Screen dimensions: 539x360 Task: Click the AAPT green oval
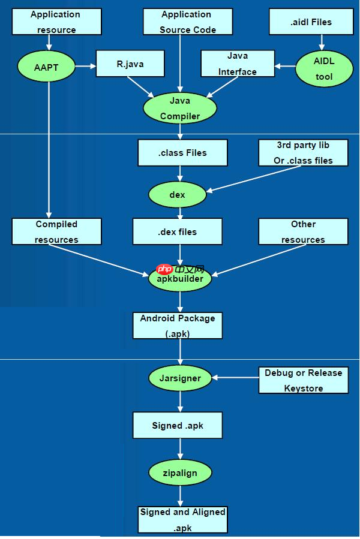tap(47, 67)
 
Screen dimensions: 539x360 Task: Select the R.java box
tap(130, 62)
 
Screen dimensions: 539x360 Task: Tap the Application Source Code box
tap(187, 22)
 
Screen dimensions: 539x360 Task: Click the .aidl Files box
tap(308, 22)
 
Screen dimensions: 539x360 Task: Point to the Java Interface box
tap(237, 64)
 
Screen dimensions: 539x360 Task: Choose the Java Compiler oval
tap(179, 109)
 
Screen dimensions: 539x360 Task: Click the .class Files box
tap(182, 153)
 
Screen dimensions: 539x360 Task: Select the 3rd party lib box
tap(303, 153)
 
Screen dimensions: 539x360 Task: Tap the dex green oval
tap(177, 195)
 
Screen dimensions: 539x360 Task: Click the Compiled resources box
tap(56, 231)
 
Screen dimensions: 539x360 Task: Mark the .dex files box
tap(177, 231)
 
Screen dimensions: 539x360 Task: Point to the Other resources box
tap(303, 231)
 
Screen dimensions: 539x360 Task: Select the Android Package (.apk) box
tap(178, 326)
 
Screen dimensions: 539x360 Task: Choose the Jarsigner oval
tap(180, 378)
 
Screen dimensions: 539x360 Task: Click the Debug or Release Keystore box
tap(303, 380)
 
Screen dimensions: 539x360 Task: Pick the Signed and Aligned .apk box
tap(182, 520)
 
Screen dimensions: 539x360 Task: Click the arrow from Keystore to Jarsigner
tap(237, 378)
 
